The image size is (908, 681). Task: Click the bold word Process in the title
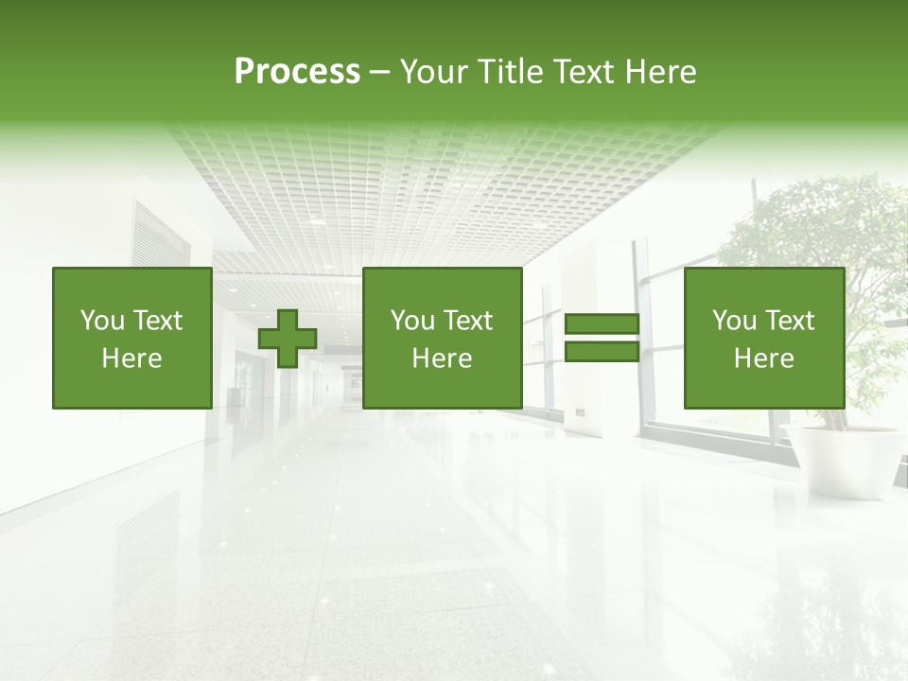(297, 71)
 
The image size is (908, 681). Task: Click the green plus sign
(288, 339)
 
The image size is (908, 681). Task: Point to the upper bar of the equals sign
(602, 325)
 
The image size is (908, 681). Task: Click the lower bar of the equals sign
(602, 352)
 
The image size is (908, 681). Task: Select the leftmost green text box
(131, 338)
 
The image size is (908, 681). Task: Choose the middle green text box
(442, 338)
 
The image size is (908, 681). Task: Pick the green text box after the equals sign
(763, 338)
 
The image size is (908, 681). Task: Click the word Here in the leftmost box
(131, 358)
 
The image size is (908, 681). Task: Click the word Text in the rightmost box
(790, 321)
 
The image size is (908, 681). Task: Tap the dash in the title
(379, 72)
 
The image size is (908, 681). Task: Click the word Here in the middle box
(442, 358)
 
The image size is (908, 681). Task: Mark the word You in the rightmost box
(733, 321)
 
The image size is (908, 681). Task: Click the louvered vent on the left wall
(160, 236)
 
